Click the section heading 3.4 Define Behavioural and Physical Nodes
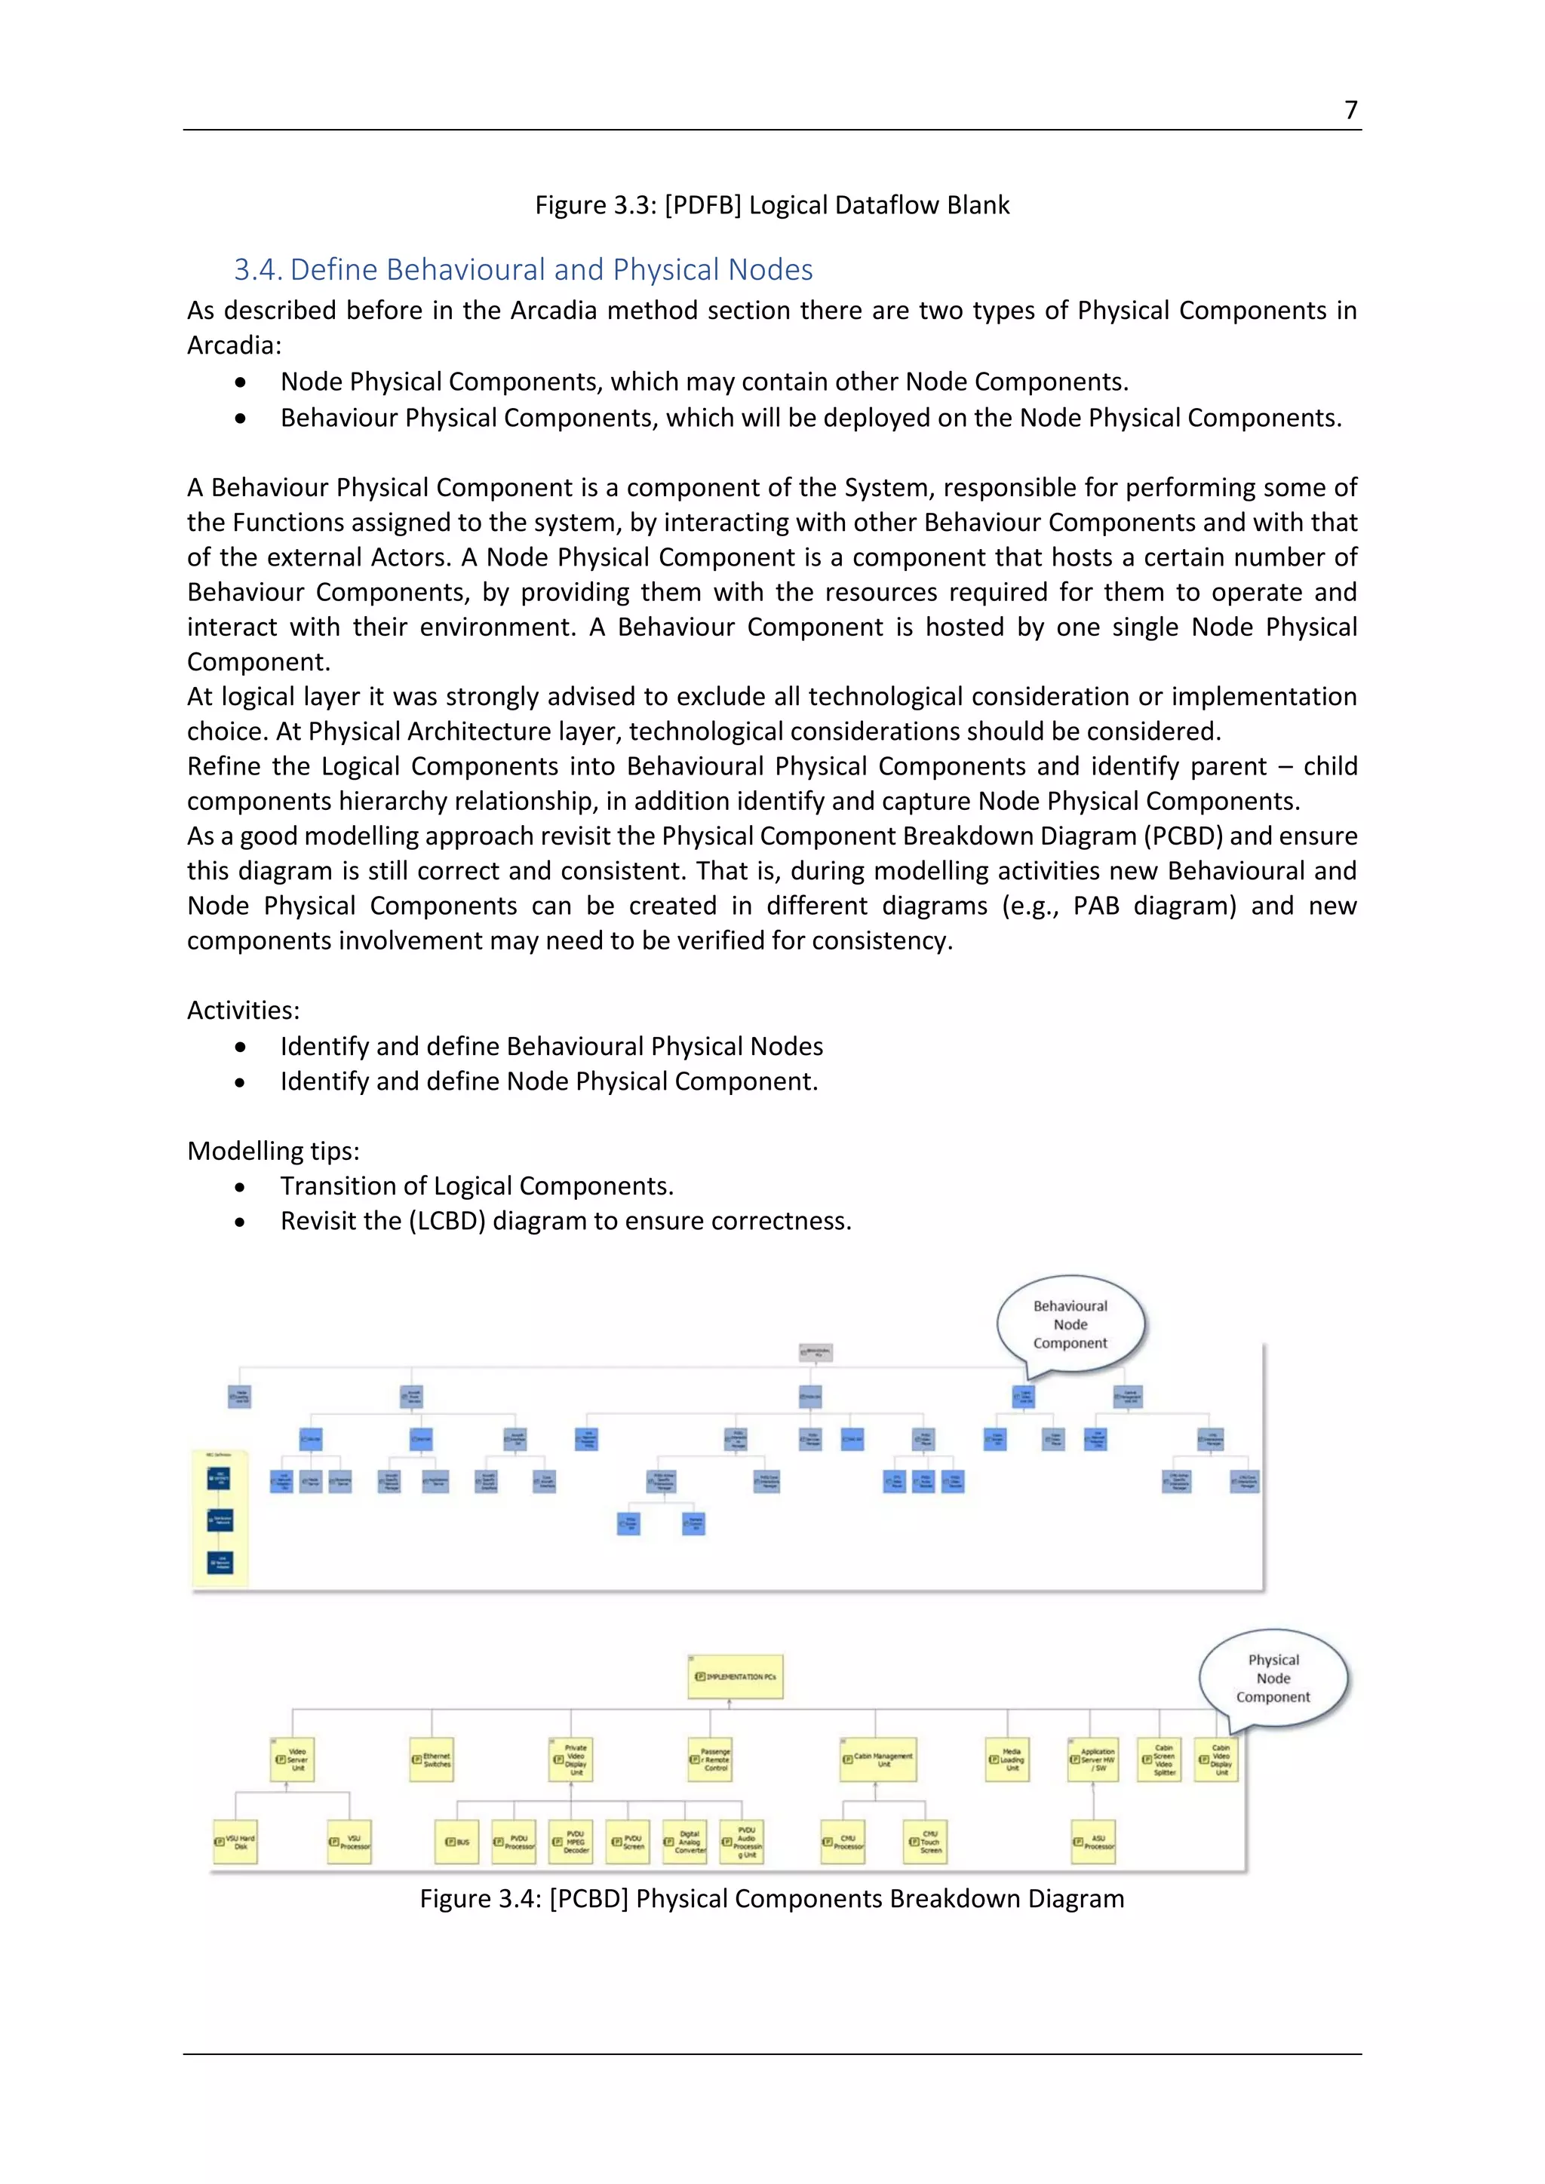point(524,270)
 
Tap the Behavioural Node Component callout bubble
point(1070,1324)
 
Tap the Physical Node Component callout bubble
point(1273,1678)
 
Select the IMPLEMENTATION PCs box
point(736,1676)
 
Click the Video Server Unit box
point(292,1759)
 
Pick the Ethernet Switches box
point(432,1759)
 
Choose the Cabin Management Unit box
point(877,1759)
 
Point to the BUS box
point(458,1842)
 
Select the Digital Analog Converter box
point(684,1842)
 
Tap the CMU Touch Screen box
point(925,1842)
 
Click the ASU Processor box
point(1093,1842)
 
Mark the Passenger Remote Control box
point(710,1759)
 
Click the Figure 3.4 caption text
point(772,1899)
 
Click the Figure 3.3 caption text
point(772,205)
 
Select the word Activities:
point(243,1011)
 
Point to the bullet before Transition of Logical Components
point(240,1187)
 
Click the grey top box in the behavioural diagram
point(816,1351)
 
